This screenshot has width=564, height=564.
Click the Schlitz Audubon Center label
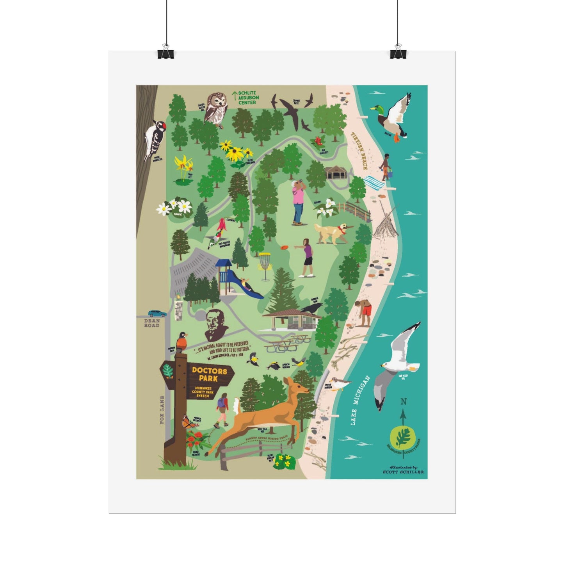247,98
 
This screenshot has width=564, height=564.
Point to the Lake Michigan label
359,400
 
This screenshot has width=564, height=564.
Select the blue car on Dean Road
157,313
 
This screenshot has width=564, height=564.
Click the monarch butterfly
188,422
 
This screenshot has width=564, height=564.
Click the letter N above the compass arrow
404,402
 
